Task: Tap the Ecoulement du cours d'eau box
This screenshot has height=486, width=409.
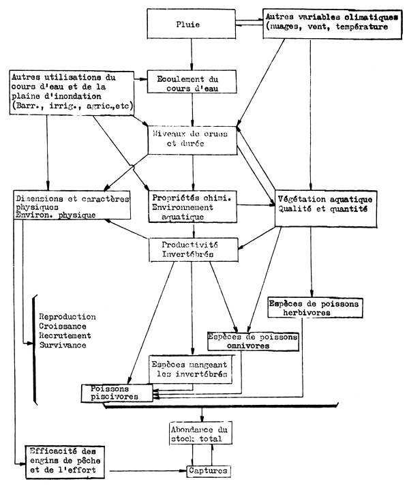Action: coord(193,82)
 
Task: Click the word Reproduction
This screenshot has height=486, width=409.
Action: coord(67,317)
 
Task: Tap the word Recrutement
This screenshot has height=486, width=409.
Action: coord(67,336)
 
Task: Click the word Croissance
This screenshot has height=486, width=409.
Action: coord(65,326)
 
